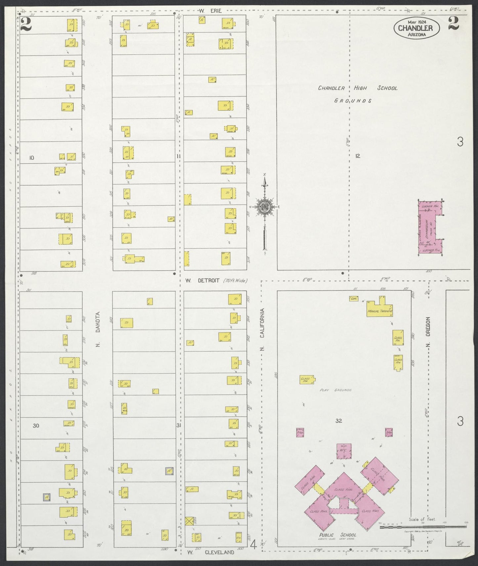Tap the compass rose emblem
click(265, 207)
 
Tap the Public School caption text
click(338, 535)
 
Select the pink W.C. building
click(344, 451)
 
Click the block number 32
click(338, 421)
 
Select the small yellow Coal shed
click(354, 298)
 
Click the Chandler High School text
click(357, 88)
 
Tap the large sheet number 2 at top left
click(25, 24)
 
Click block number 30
click(36, 425)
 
